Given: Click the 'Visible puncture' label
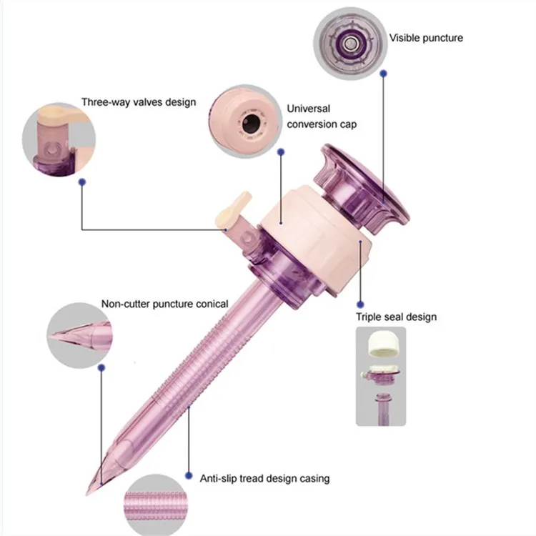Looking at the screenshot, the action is point(425,37).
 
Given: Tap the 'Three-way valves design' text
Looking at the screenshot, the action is point(138,102).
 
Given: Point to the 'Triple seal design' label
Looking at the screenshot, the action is point(396,317).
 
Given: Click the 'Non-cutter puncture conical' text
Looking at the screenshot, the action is point(164,304).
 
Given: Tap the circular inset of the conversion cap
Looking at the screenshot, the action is point(245,119).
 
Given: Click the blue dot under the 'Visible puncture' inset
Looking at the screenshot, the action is point(383,73).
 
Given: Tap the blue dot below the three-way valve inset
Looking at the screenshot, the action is point(82,182).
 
